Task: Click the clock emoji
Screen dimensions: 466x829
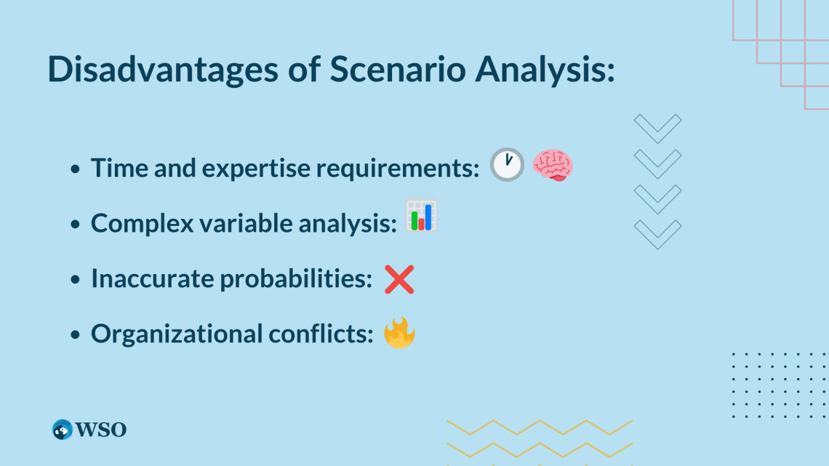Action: point(506,165)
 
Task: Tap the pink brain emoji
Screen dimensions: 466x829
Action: point(553,165)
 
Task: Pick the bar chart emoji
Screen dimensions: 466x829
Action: point(421,216)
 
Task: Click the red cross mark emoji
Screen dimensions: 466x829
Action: point(399,279)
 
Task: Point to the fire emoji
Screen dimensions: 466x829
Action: point(399,333)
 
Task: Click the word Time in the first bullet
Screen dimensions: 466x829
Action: point(114,168)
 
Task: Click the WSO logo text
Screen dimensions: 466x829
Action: point(103,430)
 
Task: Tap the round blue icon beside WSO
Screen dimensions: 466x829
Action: point(63,430)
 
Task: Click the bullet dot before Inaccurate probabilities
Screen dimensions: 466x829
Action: point(76,280)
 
